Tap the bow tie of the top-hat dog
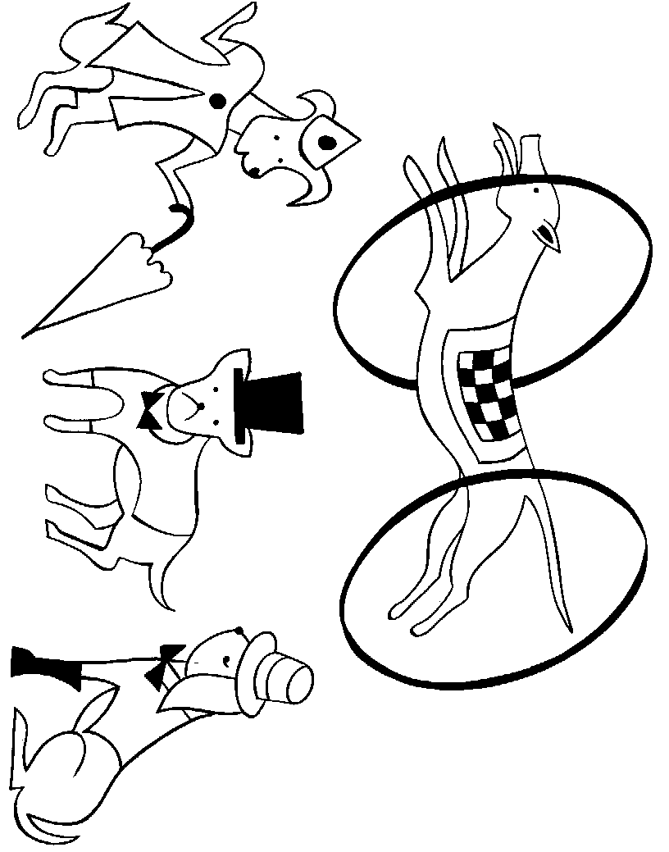pyautogui.click(x=152, y=410)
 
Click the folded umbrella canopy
pyautogui.click(x=107, y=283)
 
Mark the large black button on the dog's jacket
pyautogui.click(x=217, y=101)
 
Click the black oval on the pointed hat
pyautogui.click(x=326, y=144)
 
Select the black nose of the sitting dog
pyautogui.click(x=238, y=631)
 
